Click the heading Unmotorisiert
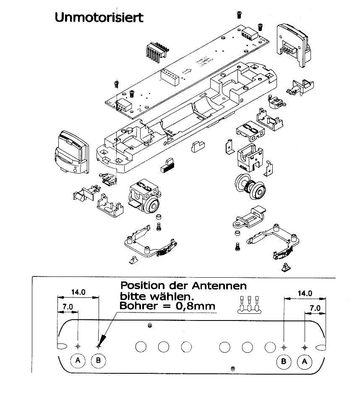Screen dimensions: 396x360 pos(99,18)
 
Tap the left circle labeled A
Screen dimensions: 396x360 pos(78,360)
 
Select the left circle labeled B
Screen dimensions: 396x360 pos(98,360)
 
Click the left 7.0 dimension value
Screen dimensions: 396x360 pos(68,307)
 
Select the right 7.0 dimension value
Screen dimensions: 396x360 pos(315,307)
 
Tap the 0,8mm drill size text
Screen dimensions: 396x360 pos(195,306)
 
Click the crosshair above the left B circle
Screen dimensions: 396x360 pos(99,346)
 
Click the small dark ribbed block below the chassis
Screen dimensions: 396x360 pos(167,165)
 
